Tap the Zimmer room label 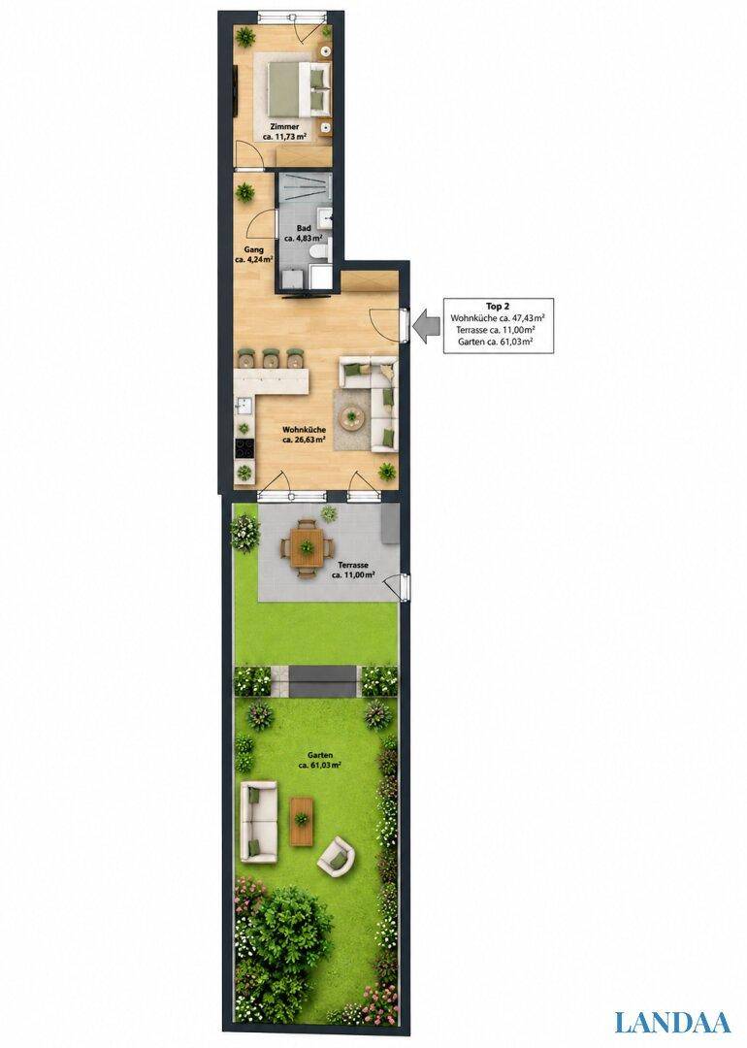[x=284, y=131]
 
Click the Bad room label [x=304, y=233]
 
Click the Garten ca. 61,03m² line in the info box [x=495, y=342]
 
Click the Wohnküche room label [x=304, y=435]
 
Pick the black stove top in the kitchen [x=245, y=448]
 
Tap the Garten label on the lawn [x=320, y=760]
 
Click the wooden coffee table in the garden [x=302, y=820]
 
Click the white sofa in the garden [x=259, y=822]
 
